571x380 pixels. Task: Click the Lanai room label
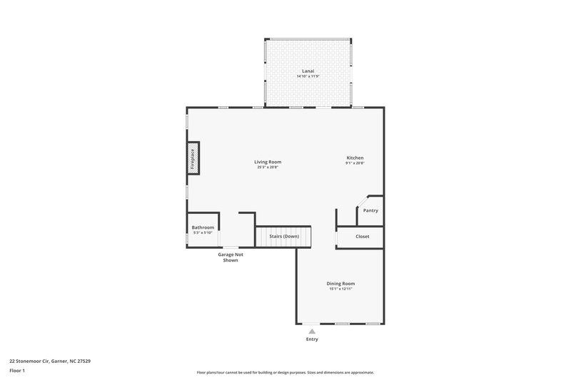click(308, 71)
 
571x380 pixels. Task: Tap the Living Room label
click(268, 162)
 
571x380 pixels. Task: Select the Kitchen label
click(355, 158)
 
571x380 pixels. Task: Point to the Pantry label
click(370, 210)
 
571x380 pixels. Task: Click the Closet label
click(363, 237)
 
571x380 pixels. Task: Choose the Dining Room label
click(340, 283)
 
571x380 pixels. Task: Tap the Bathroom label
click(203, 227)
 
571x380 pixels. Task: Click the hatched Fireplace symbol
click(193, 158)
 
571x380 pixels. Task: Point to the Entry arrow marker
click(312, 331)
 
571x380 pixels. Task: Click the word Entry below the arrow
click(312, 339)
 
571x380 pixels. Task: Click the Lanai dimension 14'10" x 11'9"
click(308, 76)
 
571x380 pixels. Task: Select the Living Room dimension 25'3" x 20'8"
click(268, 168)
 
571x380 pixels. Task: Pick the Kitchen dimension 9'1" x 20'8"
click(355, 163)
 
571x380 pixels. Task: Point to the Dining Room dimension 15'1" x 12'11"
click(340, 289)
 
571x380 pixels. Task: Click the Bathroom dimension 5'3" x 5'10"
click(203, 232)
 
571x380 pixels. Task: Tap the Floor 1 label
click(18, 371)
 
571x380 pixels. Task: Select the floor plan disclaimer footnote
click(285, 372)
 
